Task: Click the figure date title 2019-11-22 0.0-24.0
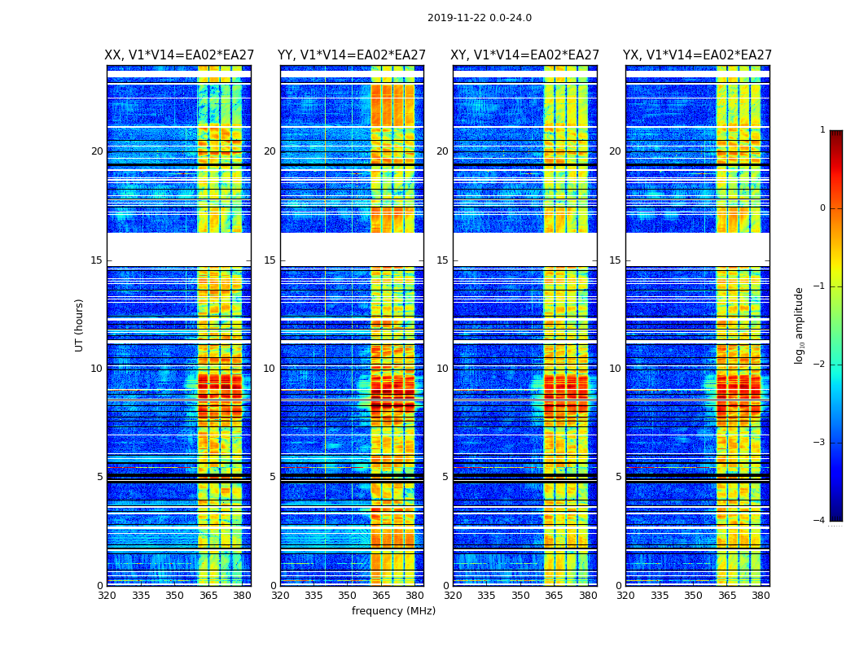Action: (x=479, y=18)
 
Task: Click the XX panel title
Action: (x=179, y=55)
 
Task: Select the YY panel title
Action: (x=352, y=55)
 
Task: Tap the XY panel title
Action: (x=525, y=55)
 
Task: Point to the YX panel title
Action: (x=697, y=55)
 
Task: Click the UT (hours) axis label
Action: (x=80, y=325)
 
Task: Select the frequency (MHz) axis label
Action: (x=393, y=611)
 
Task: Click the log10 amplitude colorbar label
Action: (x=800, y=325)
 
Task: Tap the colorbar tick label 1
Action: (x=822, y=130)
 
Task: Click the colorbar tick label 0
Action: (x=822, y=208)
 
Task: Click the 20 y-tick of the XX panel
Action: (x=97, y=151)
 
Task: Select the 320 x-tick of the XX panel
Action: (x=107, y=596)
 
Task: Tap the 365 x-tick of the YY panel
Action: (x=381, y=596)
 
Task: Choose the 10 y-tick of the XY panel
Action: (x=442, y=369)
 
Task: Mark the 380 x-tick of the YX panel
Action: (x=761, y=596)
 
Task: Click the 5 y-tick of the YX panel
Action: (x=618, y=477)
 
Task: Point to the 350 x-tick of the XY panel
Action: (x=520, y=596)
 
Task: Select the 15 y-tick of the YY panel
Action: (x=270, y=260)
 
